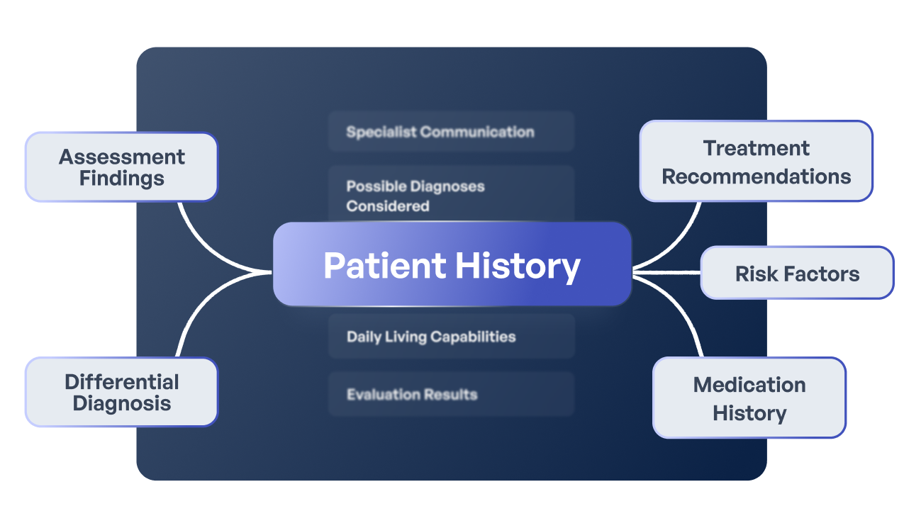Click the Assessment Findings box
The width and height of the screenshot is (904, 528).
tap(121, 167)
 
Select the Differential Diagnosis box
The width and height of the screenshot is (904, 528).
tap(121, 392)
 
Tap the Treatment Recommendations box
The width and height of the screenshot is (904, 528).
tap(756, 162)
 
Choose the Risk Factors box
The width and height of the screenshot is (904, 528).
tap(797, 273)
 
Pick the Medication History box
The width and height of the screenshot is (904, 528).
tap(749, 398)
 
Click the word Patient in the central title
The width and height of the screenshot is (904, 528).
tap(384, 265)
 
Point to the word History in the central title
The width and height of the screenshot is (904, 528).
tap(517, 265)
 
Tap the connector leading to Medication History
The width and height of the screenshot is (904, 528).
tap(681, 312)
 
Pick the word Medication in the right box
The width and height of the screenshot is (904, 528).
tap(749, 385)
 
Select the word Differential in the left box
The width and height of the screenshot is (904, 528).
tap(121, 382)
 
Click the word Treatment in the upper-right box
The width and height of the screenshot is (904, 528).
tap(756, 148)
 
